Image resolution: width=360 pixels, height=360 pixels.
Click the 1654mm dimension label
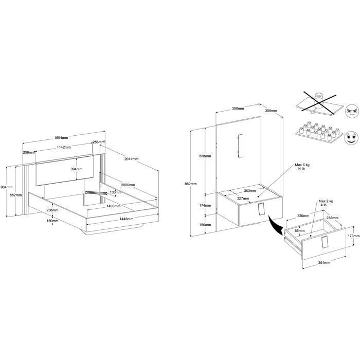[x=61, y=138]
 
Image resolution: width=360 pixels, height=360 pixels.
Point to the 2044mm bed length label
[x=131, y=159]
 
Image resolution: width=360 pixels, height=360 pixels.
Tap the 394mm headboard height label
[x=77, y=169]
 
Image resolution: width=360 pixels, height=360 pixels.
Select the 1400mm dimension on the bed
[x=114, y=206]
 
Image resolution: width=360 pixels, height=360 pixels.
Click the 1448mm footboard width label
[x=127, y=219]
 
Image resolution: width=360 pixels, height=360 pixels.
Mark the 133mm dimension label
[x=116, y=192]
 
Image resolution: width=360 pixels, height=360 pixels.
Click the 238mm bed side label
[x=52, y=210]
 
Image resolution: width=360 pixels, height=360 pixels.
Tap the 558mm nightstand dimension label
[x=205, y=156]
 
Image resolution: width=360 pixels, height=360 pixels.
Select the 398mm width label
[x=238, y=108]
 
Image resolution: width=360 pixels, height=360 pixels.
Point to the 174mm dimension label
[x=205, y=206]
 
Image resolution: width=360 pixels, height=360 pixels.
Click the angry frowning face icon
[x=352, y=112]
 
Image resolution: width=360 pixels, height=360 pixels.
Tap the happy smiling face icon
[x=351, y=138]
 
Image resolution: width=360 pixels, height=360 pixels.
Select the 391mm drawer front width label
[x=324, y=263]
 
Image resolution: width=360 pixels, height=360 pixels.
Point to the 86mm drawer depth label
[x=300, y=230]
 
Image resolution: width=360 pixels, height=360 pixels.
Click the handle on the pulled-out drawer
[x=325, y=242]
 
